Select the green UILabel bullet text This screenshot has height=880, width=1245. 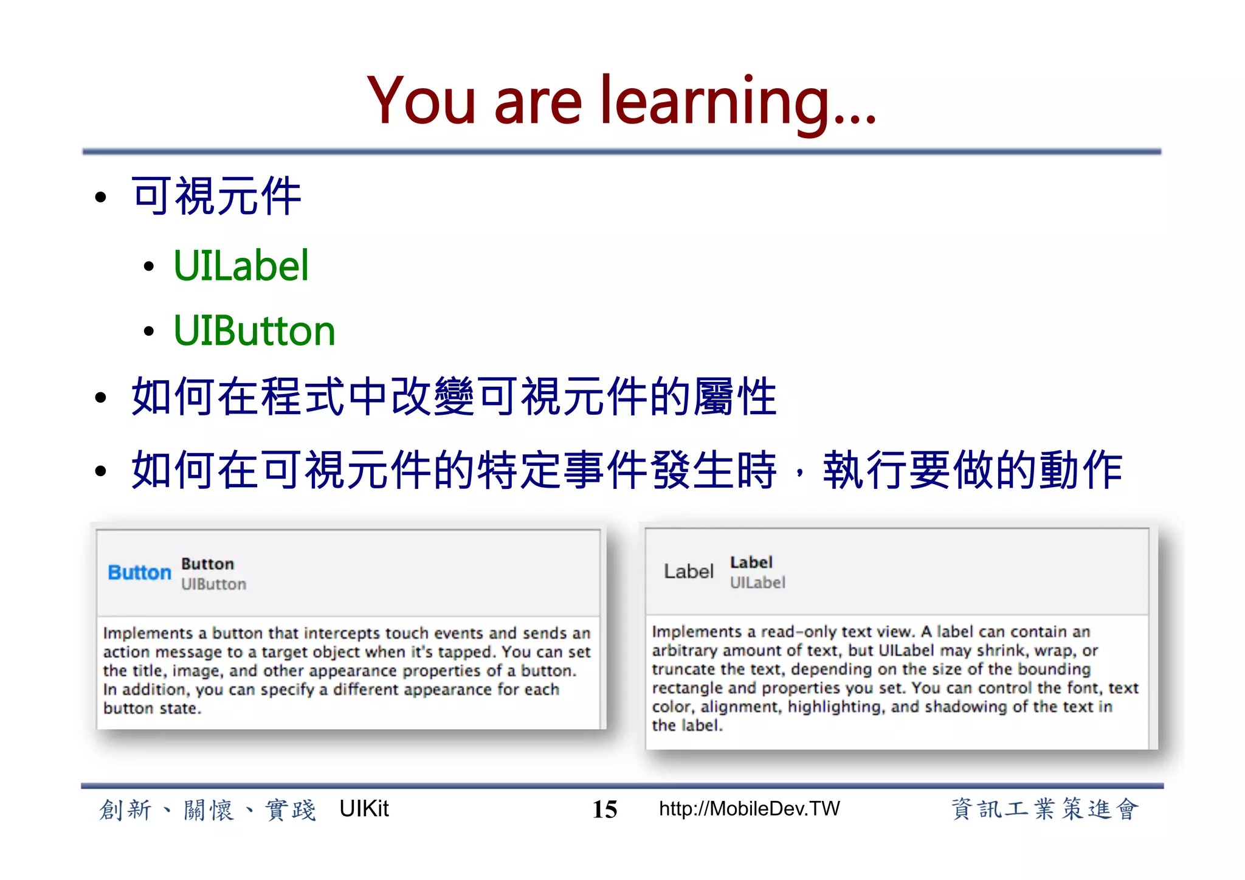click(241, 266)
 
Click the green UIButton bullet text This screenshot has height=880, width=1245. click(254, 331)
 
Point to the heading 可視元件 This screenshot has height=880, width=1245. click(216, 196)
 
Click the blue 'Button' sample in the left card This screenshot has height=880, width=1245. click(139, 573)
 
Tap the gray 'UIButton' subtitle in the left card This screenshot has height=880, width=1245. click(213, 584)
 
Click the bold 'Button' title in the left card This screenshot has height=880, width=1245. click(207, 564)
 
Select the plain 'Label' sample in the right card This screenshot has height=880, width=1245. click(688, 572)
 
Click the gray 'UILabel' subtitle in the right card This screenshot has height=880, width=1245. click(757, 583)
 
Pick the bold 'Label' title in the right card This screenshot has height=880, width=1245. click(751, 563)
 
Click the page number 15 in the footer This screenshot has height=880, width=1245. click(604, 809)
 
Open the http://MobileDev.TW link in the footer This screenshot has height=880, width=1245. click(749, 809)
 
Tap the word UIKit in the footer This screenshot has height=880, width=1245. click(364, 809)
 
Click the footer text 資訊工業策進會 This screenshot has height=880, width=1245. click(1044, 809)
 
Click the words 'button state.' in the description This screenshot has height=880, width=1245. click(152, 709)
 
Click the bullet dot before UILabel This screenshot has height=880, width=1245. click(149, 266)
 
